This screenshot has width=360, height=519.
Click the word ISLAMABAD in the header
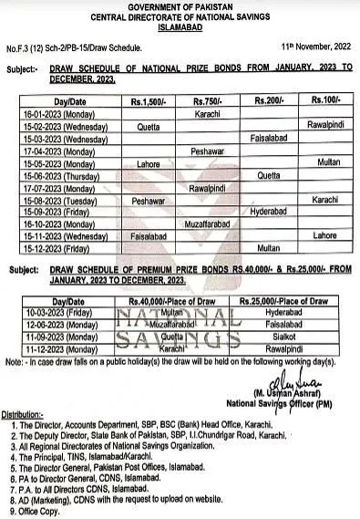click(179, 27)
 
